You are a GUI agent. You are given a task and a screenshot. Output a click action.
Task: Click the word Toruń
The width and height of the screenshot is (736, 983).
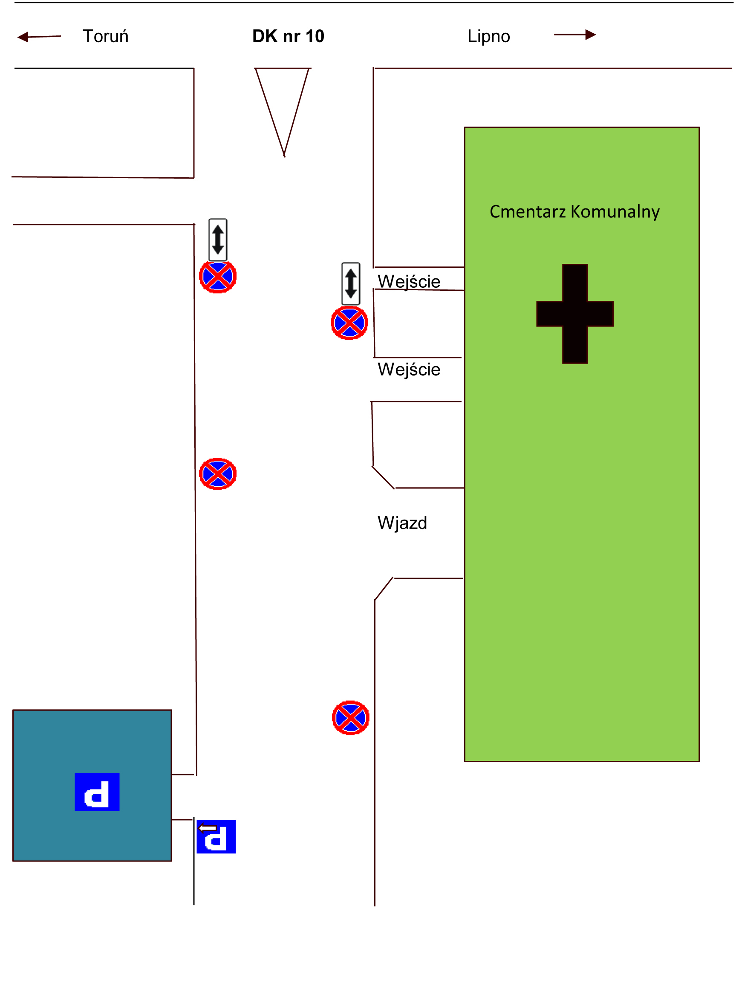point(105,36)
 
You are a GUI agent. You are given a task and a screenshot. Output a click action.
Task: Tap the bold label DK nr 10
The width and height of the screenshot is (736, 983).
point(288,36)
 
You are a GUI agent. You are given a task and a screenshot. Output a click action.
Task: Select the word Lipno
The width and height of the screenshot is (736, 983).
point(488,36)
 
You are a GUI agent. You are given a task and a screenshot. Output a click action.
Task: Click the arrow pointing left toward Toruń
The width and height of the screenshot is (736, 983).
point(39,36)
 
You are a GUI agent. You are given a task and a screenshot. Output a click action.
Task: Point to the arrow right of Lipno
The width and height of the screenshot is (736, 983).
point(574,35)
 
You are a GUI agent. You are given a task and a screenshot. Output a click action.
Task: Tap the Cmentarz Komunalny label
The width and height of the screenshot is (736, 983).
point(574,211)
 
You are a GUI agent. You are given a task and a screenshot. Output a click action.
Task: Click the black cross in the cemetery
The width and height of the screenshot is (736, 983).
point(575,314)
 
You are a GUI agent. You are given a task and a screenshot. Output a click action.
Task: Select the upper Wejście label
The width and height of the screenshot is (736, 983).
point(409,281)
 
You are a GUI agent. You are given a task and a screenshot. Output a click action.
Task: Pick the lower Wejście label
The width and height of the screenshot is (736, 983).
point(409,369)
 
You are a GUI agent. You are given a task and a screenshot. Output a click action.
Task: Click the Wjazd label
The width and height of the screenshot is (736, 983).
point(402,523)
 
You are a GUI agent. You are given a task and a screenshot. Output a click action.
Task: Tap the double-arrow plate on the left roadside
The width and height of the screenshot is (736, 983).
point(218,240)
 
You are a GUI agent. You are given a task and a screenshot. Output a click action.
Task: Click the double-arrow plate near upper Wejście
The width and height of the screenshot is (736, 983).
point(350,283)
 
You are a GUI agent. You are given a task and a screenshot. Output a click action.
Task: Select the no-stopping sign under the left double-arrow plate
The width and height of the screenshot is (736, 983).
point(218,276)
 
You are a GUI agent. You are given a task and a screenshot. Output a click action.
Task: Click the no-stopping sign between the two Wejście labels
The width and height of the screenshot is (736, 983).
point(349,323)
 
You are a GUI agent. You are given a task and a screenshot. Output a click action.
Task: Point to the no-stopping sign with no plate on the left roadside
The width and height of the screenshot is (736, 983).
point(218,473)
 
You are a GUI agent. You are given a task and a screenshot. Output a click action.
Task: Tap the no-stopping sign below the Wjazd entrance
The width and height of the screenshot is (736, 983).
point(350,718)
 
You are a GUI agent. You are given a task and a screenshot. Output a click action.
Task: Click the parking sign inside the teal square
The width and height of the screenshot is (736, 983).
point(97,792)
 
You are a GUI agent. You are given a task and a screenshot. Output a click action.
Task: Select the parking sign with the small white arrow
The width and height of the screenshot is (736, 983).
point(216,836)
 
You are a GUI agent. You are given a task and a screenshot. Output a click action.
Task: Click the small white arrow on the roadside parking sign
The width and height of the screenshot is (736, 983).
point(207,828)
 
